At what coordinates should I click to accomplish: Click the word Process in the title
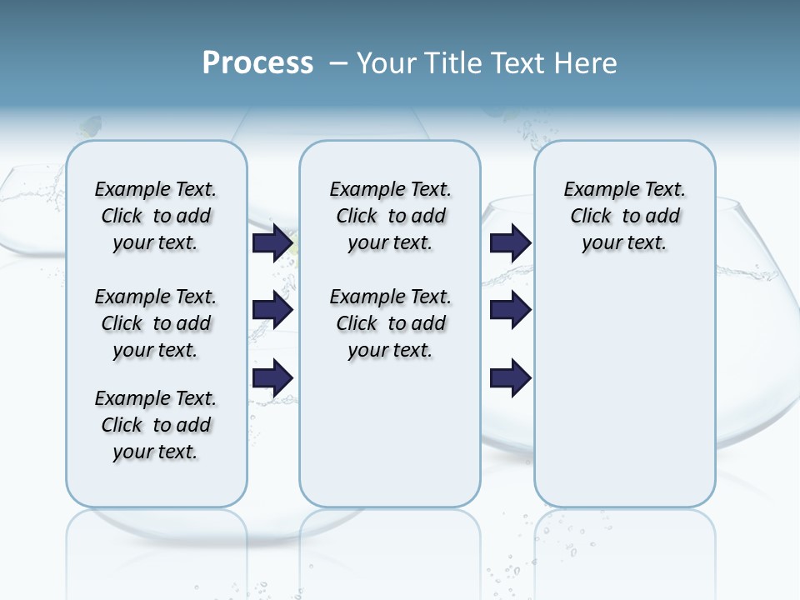coord(257,63)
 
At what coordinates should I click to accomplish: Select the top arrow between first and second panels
coord(272,242)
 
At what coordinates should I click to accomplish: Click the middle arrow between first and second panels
coord(272,310)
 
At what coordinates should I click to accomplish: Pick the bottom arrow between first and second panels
coord(272,377)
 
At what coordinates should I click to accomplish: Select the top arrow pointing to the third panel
coord(510,242)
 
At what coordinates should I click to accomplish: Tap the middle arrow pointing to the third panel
coord(510,310)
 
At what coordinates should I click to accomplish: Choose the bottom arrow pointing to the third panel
coord(510,377)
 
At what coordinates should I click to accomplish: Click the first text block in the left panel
coord(156,216)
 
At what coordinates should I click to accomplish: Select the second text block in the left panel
coord(156,323)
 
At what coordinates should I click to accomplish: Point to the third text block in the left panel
coord(156,425)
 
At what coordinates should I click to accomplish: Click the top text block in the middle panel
coord(390,216)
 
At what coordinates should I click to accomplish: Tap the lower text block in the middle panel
coord(390,323)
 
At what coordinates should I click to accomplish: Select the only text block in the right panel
coord(624,216)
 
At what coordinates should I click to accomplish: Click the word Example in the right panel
coord(592,190)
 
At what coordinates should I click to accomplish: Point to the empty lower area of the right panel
coord(624,383)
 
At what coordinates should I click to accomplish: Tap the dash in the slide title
coord(338,63)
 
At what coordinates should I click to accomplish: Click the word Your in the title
coord(388,63)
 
